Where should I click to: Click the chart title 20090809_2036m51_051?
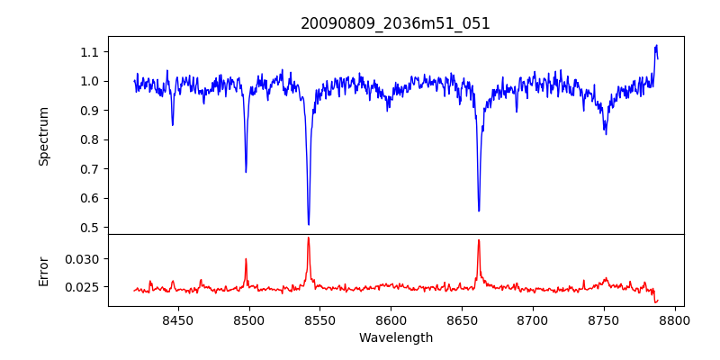point(395,24)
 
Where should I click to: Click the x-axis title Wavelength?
point(395,337)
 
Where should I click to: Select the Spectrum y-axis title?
point(43,136)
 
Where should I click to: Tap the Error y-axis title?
point(43,270)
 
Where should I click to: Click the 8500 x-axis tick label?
point(248,319)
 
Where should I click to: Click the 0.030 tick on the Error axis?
point(84,259)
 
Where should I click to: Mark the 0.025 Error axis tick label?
point(84,287)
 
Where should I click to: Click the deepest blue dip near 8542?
point(309,224)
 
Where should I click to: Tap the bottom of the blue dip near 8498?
point(246,171)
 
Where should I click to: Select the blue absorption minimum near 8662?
point(479,211)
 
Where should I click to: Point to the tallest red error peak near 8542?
point(308,238)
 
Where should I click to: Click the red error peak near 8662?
point(479,240)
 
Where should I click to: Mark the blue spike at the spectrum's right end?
point(656,46)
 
